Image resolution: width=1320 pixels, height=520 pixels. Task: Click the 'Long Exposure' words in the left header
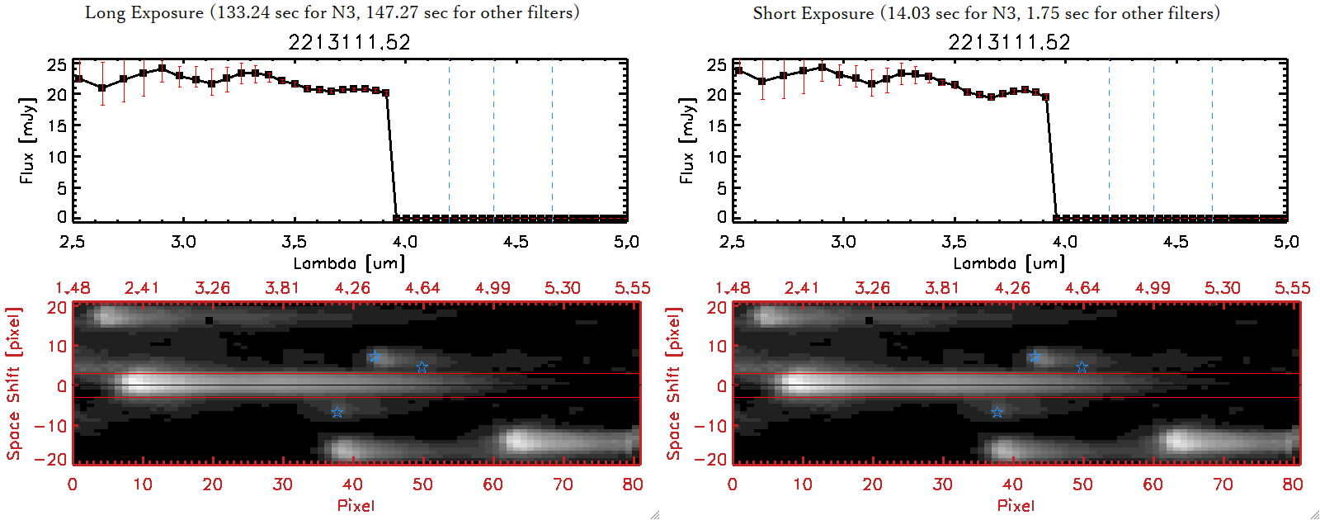[144, 12]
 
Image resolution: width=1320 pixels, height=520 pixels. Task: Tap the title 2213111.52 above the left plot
[349, 42]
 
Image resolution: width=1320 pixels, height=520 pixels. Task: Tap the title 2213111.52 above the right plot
[1009, 42]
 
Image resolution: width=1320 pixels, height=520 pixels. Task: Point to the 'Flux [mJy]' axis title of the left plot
[27, 140]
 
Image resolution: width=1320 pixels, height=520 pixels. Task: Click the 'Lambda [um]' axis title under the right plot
[1009, 263]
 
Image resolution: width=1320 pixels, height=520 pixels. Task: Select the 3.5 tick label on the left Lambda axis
[294, 242]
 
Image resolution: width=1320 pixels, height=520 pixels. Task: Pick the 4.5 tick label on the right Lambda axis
[1176, 242]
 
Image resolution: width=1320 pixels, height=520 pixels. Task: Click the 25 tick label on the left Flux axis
[57, 65]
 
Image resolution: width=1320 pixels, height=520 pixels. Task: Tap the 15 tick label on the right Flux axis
[717, 125]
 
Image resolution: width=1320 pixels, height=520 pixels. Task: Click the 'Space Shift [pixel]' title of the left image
[14, 384]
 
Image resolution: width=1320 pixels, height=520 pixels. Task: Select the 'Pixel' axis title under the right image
[1016, 505]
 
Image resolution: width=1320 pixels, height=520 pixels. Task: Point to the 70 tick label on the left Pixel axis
[563, 485]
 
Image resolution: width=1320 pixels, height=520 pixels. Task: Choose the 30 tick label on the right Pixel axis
[942, 485]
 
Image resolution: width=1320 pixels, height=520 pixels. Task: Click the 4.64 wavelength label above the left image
[422, 288]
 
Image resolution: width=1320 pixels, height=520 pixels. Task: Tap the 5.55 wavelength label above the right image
[1292, 288]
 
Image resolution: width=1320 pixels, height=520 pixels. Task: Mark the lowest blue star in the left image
[337, 412]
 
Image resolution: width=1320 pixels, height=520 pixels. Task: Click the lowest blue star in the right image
[997, 412]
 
